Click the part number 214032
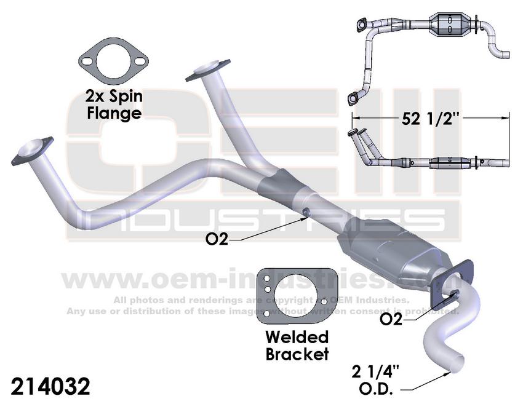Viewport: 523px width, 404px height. coord(51,386)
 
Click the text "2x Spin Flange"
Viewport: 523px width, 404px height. coord(114,105)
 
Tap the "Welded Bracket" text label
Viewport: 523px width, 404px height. coord(297,346)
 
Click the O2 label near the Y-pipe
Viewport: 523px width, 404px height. coord(216,238)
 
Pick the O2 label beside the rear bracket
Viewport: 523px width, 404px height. coord(392,319)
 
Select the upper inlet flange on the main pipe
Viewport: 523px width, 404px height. coord(208,69)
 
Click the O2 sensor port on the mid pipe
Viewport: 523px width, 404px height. coord(306,212)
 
